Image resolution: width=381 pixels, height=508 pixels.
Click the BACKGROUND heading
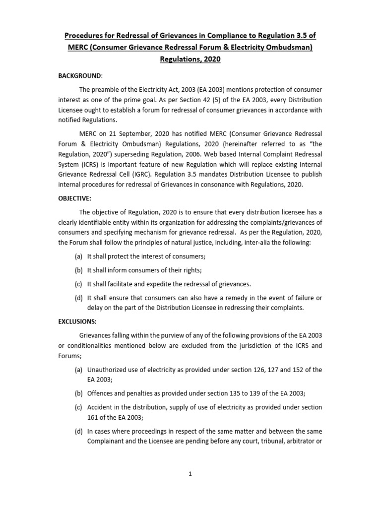pos(79,75)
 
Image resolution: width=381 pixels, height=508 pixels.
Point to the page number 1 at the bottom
pos(190,474)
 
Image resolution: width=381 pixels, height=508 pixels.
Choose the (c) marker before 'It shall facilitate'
pos(78,284)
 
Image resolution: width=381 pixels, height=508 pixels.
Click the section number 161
pos(93,418)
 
